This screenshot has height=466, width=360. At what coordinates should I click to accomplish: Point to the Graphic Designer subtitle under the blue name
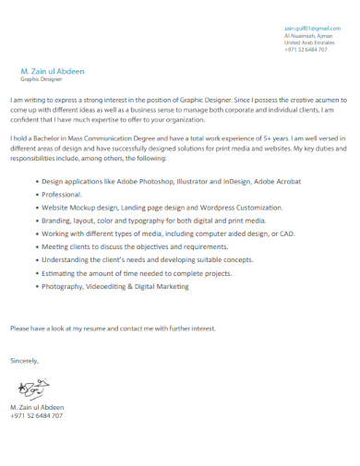(41, 79)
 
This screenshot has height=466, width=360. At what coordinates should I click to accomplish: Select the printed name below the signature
(37, 407)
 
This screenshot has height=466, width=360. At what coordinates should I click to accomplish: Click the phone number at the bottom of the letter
(37, 415)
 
